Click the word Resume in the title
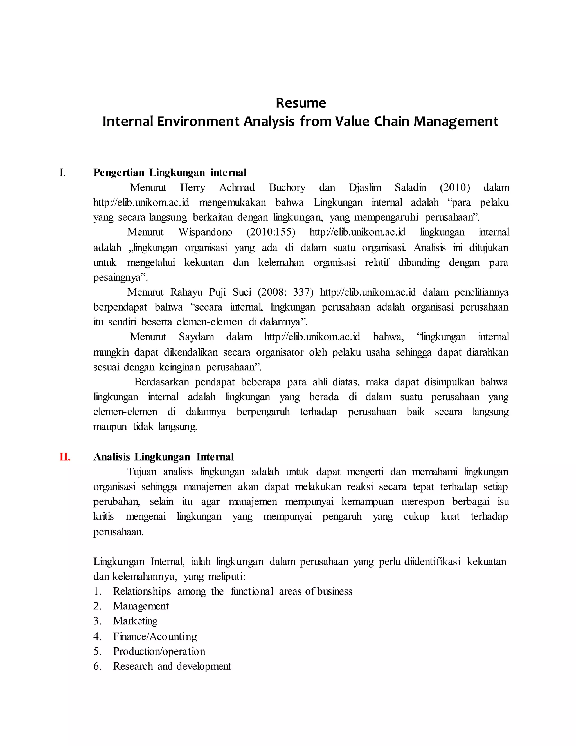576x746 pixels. pyautogui.click(x=301, y=103)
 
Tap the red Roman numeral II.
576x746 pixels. pyautogui.click(x=65, y=457)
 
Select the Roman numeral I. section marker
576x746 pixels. pyautogui.click(x=62, y=173)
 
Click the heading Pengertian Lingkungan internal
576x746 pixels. pyautogui.click(x=170, y=173)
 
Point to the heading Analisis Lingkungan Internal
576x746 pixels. pyautogui.click(x=163, y=457)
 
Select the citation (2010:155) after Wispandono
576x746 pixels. pyautogui.click(x=271, y=232)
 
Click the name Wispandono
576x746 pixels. pyautogui.click(x=205, y=232)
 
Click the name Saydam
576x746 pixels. pyautogui.click(x=196, y=337)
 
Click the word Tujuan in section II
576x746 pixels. pyautogui.click(x=142, y=472)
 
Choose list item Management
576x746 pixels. pyautogui.click(x=141, y=606)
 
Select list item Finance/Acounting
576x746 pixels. pyautogui.click(x=155, y=636)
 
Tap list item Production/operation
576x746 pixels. pyautogui.click(x=159, y=651)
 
